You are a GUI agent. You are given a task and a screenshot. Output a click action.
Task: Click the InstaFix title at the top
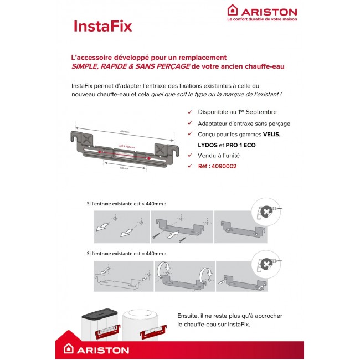click(x=102, y=27)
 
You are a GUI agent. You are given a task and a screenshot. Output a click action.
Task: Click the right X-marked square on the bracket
click(x=160, y=149)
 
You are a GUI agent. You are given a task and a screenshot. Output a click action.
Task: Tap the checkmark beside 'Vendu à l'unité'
click(x=191, y=156)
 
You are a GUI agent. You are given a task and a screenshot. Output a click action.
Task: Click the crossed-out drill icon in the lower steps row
click(x=268, y=263)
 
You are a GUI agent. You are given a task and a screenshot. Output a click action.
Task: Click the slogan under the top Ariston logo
click(x=262, y=19)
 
